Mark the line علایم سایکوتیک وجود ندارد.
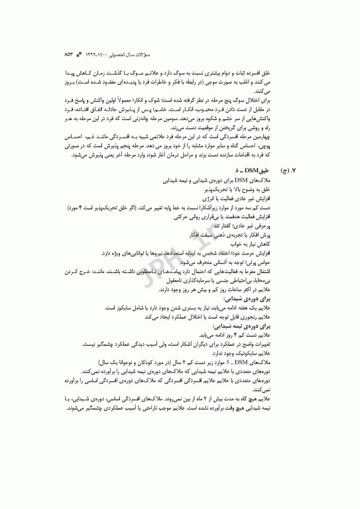click(x=228, y=355)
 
